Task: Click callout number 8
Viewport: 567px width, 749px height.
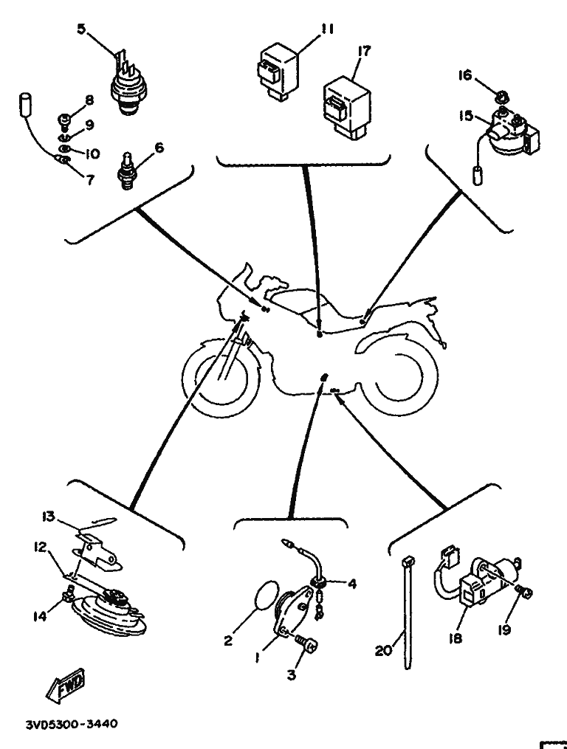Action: pos(89,101)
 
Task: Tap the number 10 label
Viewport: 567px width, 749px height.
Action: pos(92,153)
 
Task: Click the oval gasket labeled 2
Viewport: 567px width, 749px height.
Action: pos(261,595)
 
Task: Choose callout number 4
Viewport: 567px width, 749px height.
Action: pos(352,584)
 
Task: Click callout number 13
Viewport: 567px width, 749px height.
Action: pos(49,517)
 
